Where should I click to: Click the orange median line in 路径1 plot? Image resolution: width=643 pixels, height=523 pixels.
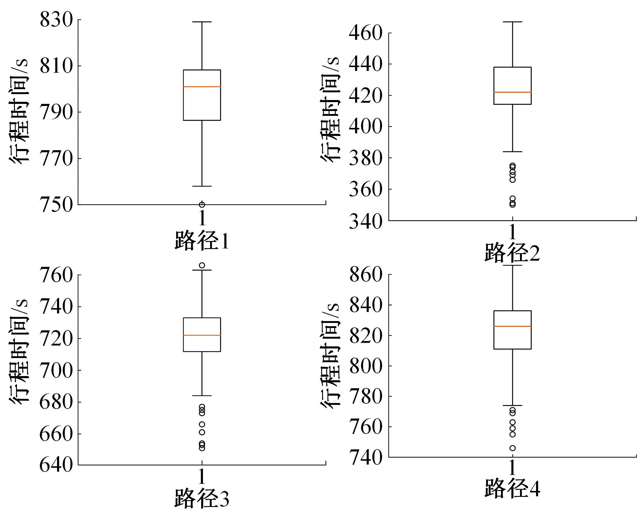pos(202,87)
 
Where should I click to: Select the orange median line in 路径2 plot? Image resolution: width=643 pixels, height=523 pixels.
pos(513,92)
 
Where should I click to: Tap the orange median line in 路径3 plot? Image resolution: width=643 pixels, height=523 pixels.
pos(202,335)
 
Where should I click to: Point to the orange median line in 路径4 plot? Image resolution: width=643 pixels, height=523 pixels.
pos(513,326)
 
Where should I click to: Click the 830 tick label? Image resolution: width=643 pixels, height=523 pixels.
pos(56,20)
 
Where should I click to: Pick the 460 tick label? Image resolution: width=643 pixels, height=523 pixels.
pos(365,33)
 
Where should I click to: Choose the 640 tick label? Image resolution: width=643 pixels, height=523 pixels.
pos(56,465)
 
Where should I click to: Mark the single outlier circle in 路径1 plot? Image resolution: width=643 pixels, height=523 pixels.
pos(202,205)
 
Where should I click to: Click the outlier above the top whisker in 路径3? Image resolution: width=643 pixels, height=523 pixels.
pos(202,265)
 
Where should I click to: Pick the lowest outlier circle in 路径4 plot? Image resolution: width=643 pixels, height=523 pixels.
pos(513,448)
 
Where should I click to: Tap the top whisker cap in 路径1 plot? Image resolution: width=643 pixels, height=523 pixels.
pos(202,22)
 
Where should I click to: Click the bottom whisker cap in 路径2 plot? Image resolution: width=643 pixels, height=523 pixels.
pos(513,152)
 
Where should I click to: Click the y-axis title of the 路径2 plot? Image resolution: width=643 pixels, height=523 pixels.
pos(330,110)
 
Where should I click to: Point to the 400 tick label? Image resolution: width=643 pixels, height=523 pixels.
pos(365,126)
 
